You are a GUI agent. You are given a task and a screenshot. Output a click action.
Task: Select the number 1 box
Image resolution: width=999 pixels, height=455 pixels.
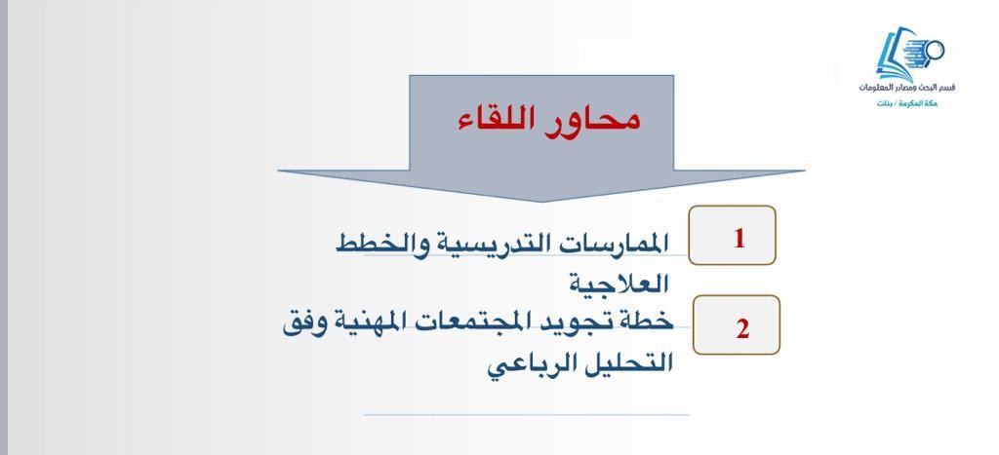[732, 235]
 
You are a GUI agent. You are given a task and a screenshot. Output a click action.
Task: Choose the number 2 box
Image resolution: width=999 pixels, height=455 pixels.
[736, 324]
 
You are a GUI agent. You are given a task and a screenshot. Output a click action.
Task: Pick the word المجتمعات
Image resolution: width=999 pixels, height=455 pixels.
[493, 323]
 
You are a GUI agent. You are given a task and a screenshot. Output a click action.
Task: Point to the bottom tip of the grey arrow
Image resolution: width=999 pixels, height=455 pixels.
[540, 203]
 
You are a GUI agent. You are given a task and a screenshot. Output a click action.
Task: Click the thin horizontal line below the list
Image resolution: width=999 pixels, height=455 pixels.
[526, 415]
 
